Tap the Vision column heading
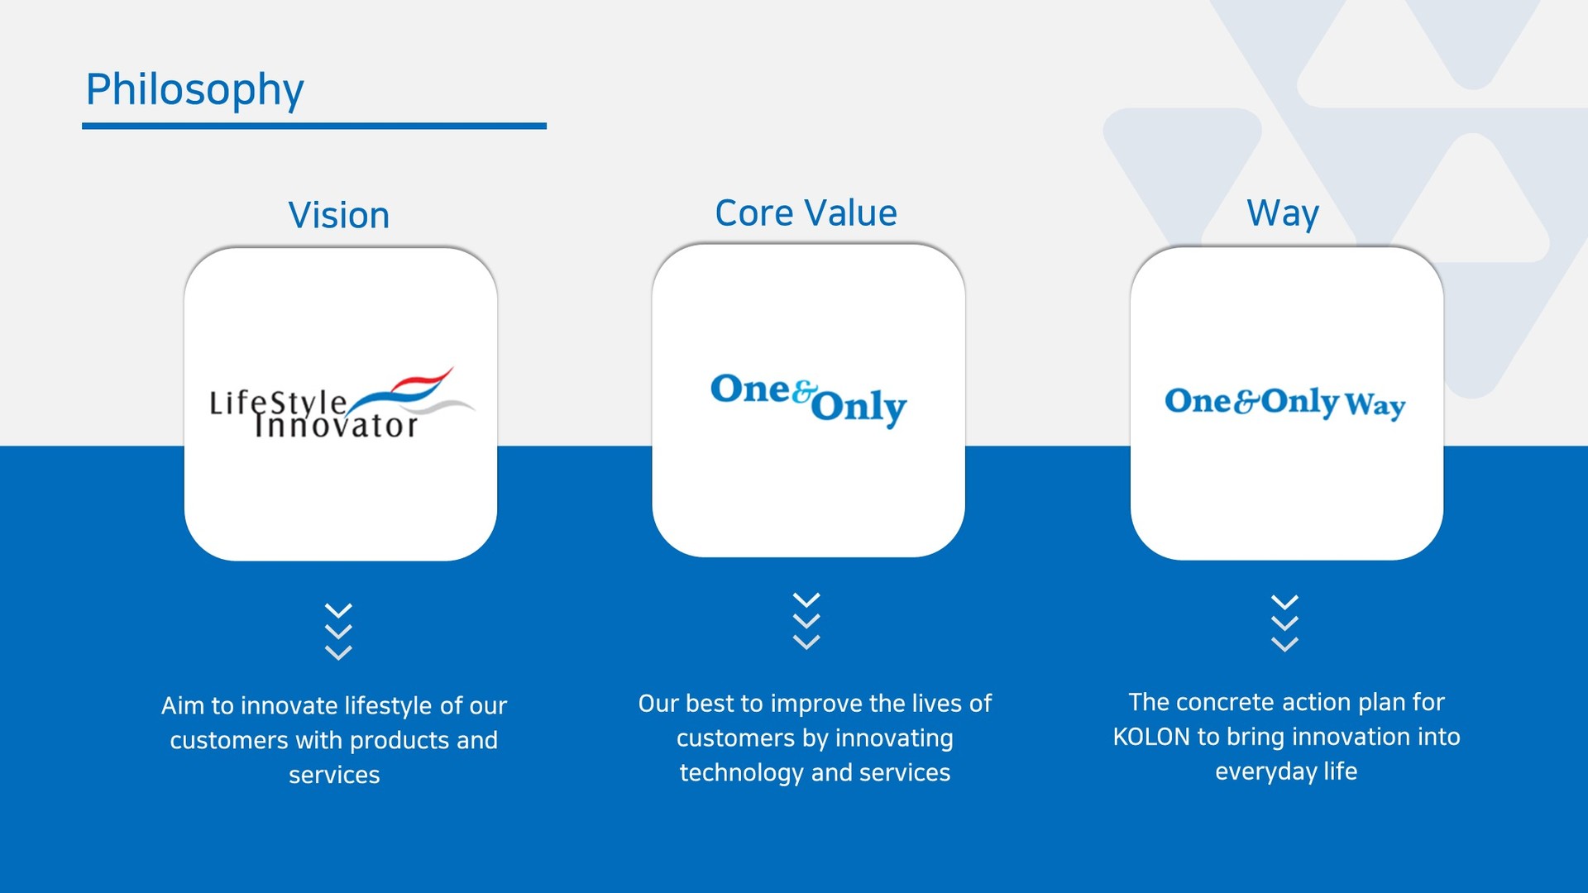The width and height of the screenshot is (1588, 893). tap(339, 215)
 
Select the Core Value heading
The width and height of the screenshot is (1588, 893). tap(806, 213)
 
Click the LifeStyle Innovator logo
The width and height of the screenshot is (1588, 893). tap(342, 404)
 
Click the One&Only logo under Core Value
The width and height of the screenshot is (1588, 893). tap(809, 400)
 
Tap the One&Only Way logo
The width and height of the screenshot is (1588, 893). tap(1285, 403)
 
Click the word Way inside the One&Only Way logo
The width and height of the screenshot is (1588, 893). tap(1375, 405)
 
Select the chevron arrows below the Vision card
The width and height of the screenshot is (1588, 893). tap(339, 631)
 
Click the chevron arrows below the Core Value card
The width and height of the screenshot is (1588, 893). tap(806, 621)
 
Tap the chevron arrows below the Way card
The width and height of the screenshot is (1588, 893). tap(1284, 623)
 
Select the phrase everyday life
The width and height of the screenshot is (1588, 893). tap(1286, 772)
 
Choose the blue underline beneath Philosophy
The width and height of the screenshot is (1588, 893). tap(314, 126)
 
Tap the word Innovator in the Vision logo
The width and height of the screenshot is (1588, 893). tap(336, 426)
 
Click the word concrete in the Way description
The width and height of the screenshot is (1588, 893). tap(1227, 703)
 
